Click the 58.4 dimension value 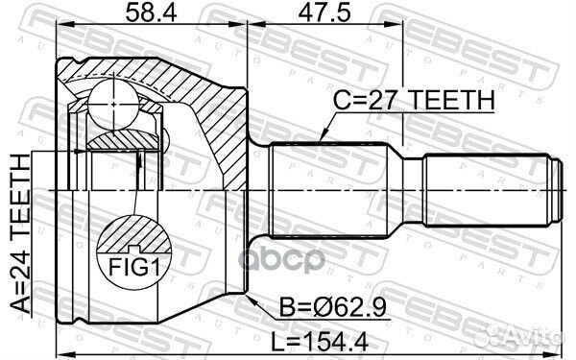tap(145, 14)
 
